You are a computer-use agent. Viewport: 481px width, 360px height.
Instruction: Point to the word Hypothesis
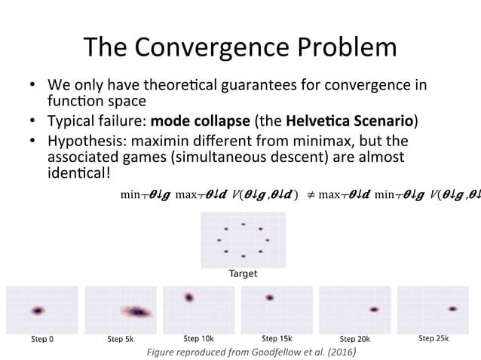tap(84, 141)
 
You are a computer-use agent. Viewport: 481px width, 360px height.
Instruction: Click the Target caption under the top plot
tap(243, 273)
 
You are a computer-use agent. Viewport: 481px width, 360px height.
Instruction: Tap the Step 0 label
tap(41, 339)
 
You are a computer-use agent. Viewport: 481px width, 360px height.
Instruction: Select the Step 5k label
tap(120, 339)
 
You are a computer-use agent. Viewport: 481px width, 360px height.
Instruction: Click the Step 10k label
tap(198, 338)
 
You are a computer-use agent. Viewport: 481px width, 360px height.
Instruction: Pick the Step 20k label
tap(355, 339)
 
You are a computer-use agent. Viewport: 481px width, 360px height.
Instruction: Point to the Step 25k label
tap(434, 338)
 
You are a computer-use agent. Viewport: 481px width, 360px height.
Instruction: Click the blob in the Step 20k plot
tap(373, 310)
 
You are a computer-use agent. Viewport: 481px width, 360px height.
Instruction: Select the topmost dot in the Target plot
tap(243, 224)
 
